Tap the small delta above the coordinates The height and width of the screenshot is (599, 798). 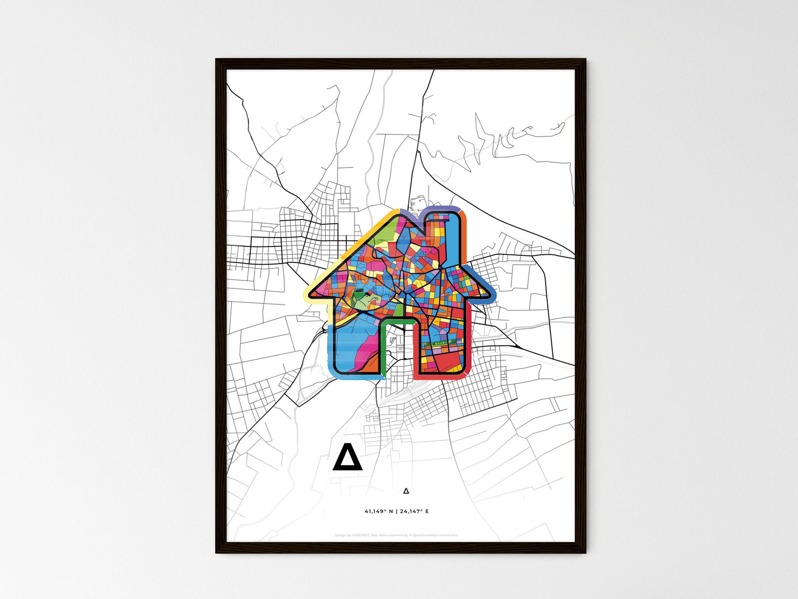(x=406, y=490)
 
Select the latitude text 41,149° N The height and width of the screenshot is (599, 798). (x=379, y=511)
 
